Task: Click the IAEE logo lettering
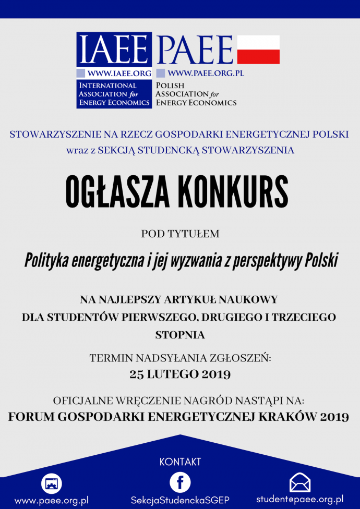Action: (x=114, y=49)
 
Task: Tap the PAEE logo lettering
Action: (x=195, y=49)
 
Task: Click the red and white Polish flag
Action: (x=258, y=50)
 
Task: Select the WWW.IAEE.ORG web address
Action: (x=119, y=74)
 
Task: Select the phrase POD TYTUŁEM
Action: (x=180, y=234)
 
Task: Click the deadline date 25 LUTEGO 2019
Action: (x=180, y=374)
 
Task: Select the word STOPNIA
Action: (x=180, y=335)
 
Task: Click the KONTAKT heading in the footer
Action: (x=180, y=462)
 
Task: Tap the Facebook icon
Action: (x=180, y=482)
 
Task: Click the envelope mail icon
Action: (x=300, y=482)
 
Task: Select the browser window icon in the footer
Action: (x=51, y=484)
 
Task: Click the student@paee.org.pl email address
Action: (x=299, y=500)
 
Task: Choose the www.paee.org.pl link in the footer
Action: (x=51, y=501)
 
